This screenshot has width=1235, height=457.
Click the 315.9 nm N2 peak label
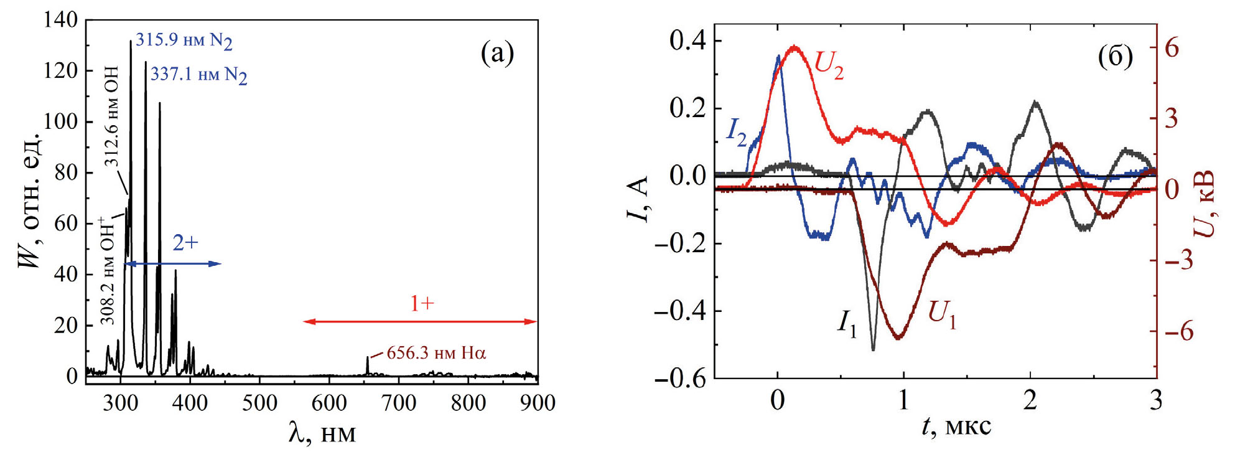tap(184, 40)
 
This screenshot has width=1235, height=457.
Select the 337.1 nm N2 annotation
tap(198, 75)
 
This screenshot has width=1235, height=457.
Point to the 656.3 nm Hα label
tap(436, 353)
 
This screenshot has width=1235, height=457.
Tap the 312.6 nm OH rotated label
tap(111, 116)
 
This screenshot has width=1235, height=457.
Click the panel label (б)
tap(1115, 57)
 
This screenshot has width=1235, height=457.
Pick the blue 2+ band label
tap(185, 243)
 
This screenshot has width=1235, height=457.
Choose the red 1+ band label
tap(422, 304)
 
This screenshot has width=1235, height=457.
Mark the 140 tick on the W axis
tap(61, 21)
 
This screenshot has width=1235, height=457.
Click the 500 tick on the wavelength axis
tap(259, 403)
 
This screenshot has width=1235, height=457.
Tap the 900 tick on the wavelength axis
tap(538, 403)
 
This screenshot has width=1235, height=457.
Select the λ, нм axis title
tap(322, 433)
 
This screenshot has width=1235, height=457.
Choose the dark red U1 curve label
tap(942, 314)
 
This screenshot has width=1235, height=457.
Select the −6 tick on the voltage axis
tap(1179, 331)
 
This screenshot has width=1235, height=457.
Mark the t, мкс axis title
tap(956, 426)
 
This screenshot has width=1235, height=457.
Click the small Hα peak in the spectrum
tap(367, 364)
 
